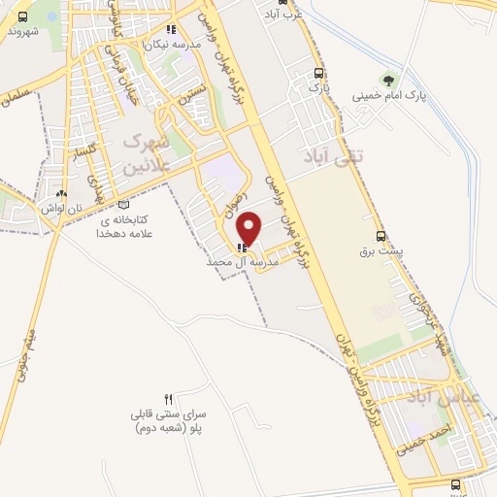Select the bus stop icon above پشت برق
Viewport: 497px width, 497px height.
(381, 235)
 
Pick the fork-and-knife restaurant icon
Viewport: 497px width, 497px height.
(168, 399)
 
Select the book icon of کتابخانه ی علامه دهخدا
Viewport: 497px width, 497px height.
(122, 205)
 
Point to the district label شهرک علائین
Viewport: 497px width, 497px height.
(147, 151)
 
